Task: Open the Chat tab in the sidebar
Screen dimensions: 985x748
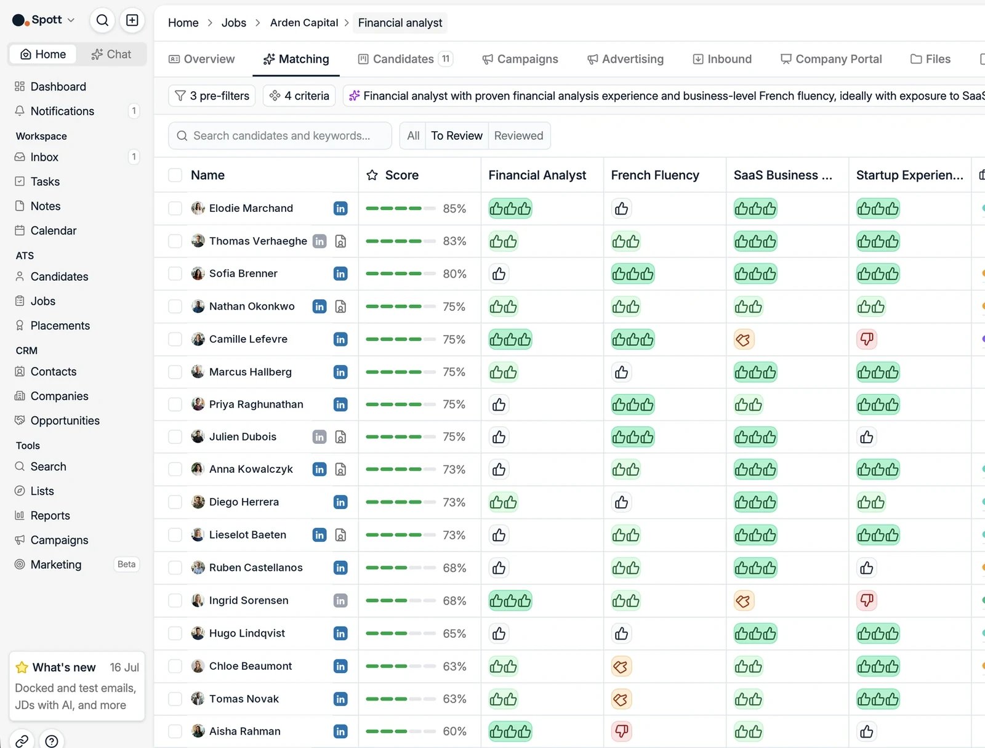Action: coord(111,54)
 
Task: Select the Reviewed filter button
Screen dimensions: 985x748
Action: coord(518,135)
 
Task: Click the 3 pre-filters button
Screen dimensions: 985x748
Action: coord(212,95)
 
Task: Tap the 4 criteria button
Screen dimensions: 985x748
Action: coord(299,95)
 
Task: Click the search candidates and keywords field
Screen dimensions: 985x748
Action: coord(280,135)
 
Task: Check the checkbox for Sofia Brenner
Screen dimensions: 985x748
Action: coord(175,274)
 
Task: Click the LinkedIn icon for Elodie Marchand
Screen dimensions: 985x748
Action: coord(340,208)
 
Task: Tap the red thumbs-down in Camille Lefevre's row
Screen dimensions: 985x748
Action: coord(867,339)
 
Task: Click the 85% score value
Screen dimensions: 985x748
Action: coord(454,209)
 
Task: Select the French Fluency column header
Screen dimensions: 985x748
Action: coord(655,175)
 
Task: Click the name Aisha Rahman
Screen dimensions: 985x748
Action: coord(244,731)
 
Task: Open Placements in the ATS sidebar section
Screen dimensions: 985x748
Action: coord(60,325)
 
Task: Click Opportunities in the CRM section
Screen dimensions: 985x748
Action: coord(65,420)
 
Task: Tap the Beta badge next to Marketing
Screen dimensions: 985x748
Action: coord(126,564)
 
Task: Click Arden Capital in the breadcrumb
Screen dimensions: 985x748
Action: coord(304,23)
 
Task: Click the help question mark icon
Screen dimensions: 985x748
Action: coord(52,740)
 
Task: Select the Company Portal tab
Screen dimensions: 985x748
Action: coord(831,58)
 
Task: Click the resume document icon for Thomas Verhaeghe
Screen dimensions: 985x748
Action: coord(340,241)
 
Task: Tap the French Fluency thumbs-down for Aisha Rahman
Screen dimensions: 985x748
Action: coord(621,731)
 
